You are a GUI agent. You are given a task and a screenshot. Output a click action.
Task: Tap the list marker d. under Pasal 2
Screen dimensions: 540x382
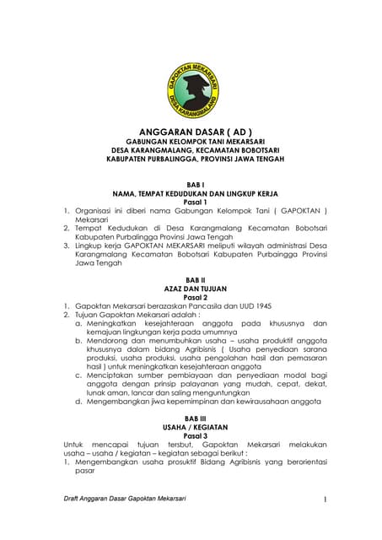pos(78,402)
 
